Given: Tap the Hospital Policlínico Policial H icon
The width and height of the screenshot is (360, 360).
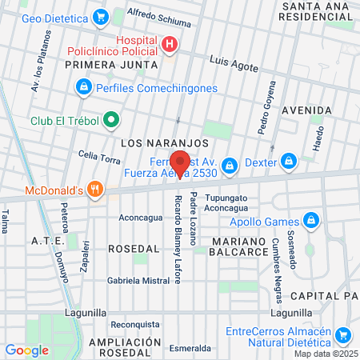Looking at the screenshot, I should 169,45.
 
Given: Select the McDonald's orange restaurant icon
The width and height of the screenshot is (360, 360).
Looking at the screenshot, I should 95,190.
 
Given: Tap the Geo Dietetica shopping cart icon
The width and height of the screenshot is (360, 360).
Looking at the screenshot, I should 100,17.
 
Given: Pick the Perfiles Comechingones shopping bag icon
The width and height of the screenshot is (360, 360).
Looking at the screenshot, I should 82,86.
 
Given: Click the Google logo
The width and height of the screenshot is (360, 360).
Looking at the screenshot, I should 26,350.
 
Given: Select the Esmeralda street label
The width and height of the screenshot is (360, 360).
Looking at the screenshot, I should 190,348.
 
